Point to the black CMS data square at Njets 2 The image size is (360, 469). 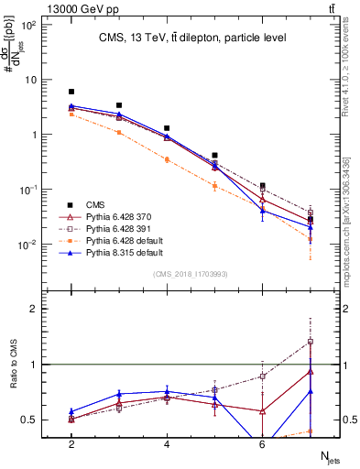point(71,92)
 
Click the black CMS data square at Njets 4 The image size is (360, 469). point(167,128)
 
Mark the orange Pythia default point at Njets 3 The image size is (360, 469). point(119,132)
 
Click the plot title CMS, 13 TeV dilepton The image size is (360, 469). point(193,38)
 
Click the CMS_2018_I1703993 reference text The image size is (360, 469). point(192,274)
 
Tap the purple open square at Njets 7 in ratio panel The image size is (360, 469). point(311,342)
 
